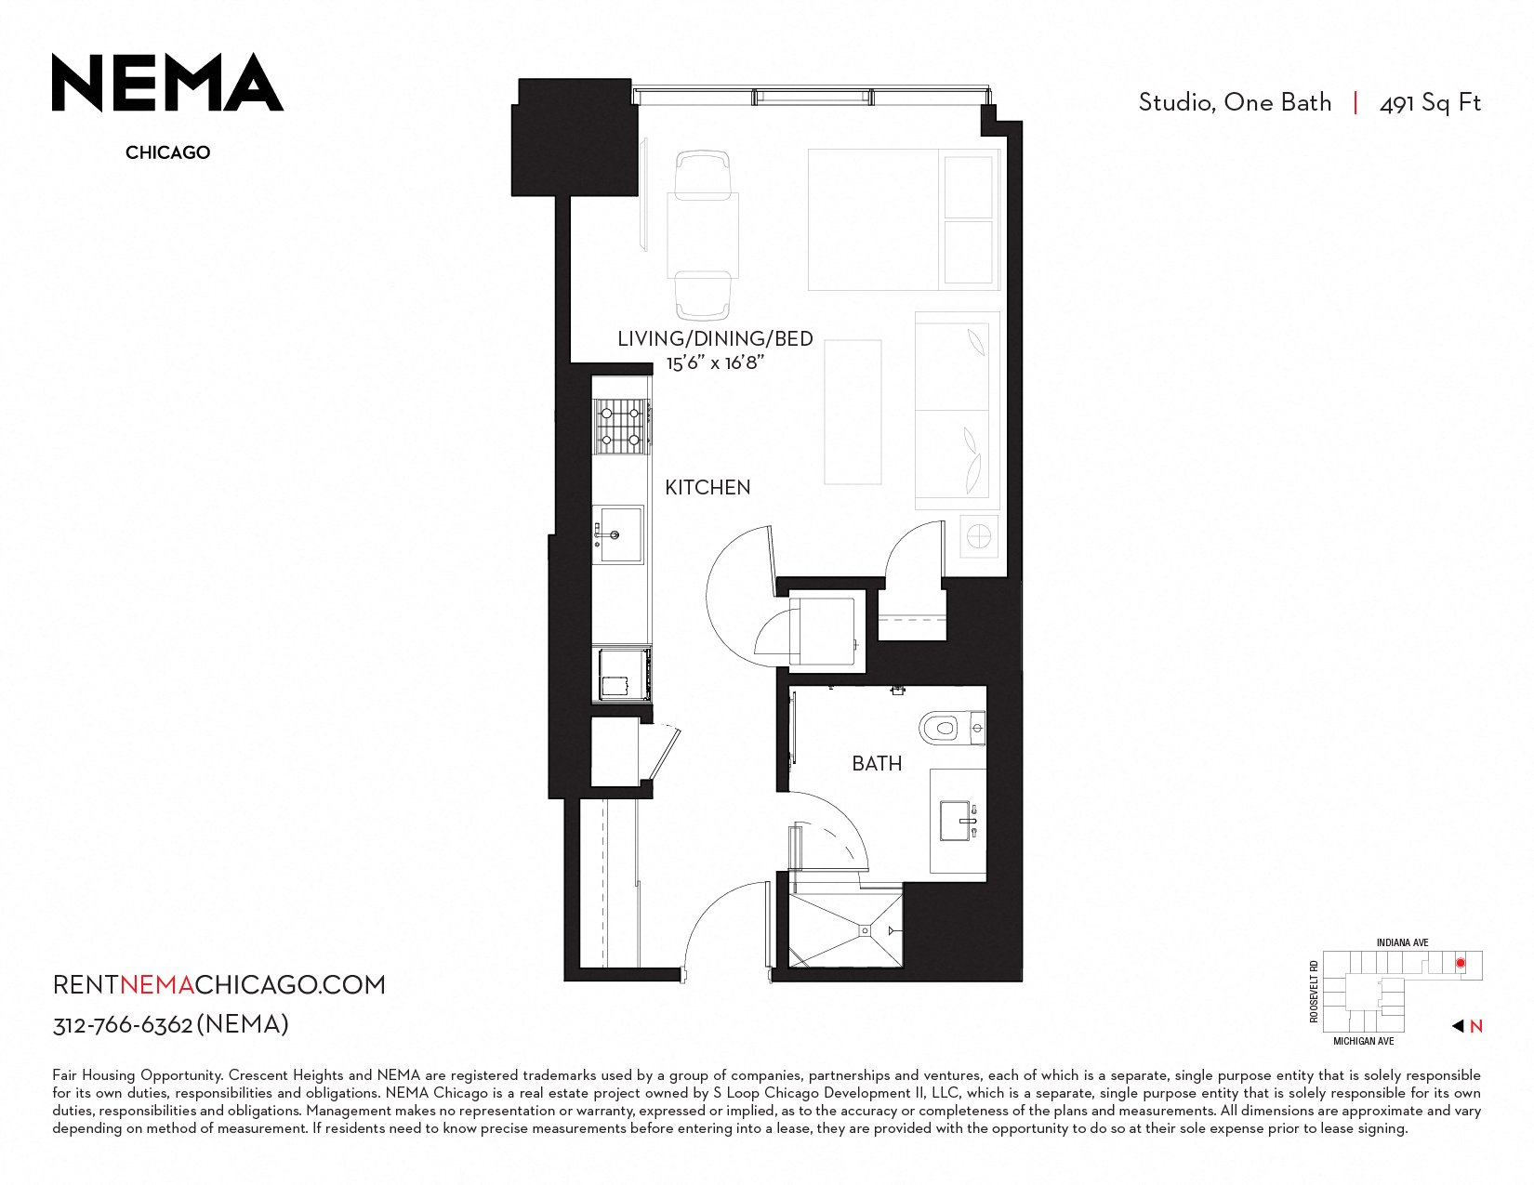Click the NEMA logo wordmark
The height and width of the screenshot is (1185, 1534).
tap(167, 83)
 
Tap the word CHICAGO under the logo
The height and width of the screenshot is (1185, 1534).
tap(168, 152)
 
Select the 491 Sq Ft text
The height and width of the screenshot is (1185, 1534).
tap(1430, 103)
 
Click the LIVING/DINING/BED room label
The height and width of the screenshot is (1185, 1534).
tap(715, 339)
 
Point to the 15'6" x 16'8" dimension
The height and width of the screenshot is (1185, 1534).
tap(716, 362)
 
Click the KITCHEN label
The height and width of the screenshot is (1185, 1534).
tap(707, 487)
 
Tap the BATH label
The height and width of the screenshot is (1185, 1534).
tap(877, 763)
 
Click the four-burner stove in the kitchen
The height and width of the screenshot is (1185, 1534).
tap(621, 426)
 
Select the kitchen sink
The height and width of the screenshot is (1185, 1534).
tap(618, 534)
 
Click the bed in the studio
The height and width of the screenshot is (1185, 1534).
tap(904, 219)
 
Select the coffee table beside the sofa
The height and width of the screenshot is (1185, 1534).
tap(853, 412)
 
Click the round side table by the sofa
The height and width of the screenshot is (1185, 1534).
tap(979, 536)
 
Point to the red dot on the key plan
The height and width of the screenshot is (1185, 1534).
tap(1461, 963)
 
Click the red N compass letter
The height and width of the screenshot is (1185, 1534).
tap(1476, 1026)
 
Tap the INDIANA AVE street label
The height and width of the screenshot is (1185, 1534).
tap(1402, 943)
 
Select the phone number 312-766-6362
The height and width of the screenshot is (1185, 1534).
tap(123, 1024)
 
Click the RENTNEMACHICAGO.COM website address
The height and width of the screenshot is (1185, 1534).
tap(219, 985)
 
